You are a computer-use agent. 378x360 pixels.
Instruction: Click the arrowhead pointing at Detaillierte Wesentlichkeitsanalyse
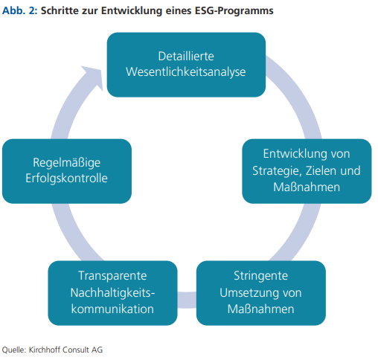click(94, 76)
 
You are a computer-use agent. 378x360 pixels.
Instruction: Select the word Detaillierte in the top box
click(186, 57)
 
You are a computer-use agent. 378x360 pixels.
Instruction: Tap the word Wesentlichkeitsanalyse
click(186, 72)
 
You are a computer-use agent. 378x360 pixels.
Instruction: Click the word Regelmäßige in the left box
click(67, 163)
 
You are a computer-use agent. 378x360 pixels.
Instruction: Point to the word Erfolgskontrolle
click(66, 179)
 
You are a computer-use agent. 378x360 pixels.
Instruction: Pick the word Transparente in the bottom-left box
click(112, 276)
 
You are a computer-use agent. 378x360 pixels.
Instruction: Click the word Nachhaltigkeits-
click(112, 293)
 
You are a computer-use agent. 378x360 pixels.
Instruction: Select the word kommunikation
click(112, 309)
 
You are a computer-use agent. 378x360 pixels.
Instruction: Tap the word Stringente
click(260, 276)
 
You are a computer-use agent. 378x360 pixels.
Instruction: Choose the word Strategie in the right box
click(277, 171)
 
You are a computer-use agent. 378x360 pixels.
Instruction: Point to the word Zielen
click(321, 170)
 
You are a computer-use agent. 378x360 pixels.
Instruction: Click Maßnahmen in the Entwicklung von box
click(307, 187)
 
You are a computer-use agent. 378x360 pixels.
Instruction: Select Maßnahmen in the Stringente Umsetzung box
click(260, 309)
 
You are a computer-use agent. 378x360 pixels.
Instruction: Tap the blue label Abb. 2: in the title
click(19, 10)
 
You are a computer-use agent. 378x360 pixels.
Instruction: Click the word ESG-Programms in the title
click(234, 11)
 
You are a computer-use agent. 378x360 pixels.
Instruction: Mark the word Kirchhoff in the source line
click(45, 350)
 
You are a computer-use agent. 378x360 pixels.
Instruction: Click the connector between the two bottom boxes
click(187, 300)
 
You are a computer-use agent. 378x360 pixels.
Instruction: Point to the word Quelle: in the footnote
click(14, 350)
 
